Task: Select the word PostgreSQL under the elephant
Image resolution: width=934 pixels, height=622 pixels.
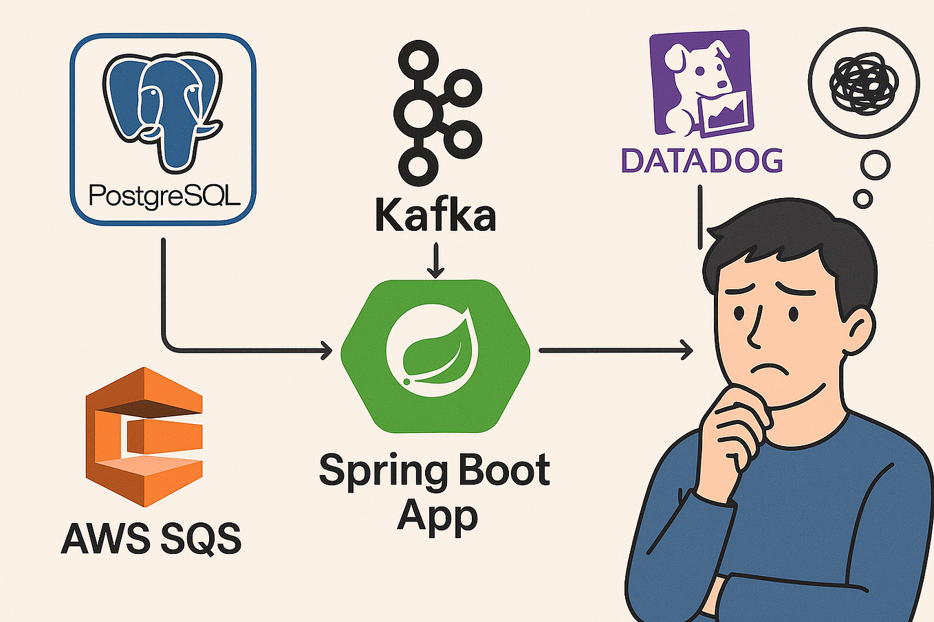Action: pyautogui.click(x=164, y=197)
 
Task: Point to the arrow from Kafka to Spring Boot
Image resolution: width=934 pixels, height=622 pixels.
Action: pyautogui.click(x=435, y=261)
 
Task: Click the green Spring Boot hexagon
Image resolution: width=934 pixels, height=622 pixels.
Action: pyautogui.click(x=435, y=356)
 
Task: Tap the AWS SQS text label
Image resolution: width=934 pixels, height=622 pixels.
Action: pyautogui.click(x=151, y=538)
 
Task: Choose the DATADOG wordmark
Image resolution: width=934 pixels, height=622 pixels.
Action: pyautogui.click(x=702, y=161)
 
